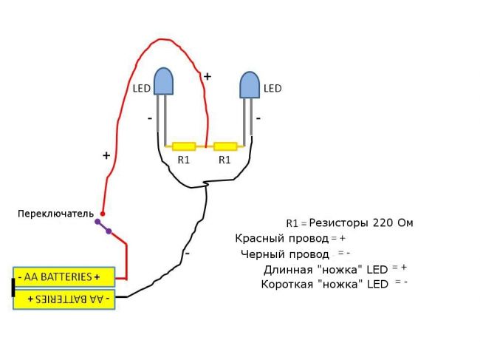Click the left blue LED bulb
[x=163, y=81]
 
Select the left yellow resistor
[x=183, y=146]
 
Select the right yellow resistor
[x=224, y=146]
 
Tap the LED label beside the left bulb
[x=141, y=89]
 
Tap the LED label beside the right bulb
[x=272, y=89]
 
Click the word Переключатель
[x=55, y=214]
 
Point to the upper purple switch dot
[x=97, y=221]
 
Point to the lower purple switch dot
[x=109, y=232]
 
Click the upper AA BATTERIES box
[x=64, y=277]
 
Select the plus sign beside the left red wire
[x=106, y=156]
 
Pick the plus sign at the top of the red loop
[x=207, y=76]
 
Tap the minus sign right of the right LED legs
[x=258, y=117]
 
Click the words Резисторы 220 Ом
[x=361, y=222]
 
